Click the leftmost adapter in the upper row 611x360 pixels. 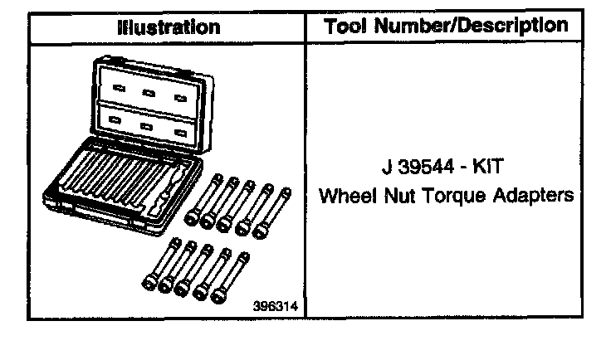point(202,199)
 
